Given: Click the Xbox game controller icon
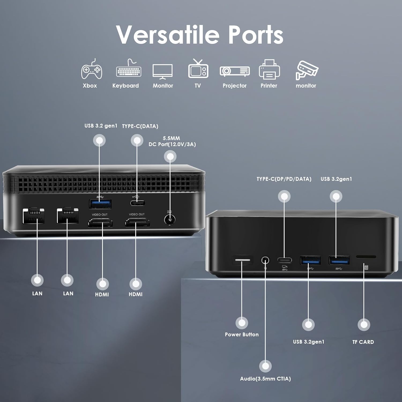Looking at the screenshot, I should (x=91, y=70).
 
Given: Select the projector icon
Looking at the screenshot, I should (x=234, y=71).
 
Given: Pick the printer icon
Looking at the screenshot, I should (x=269, y=70).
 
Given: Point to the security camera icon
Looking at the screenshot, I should (x=306, y=70).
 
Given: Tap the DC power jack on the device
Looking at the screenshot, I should (x=170, y=220).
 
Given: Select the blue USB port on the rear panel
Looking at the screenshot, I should (x=100, y=204).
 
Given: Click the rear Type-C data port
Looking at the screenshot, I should (x=137, y=203).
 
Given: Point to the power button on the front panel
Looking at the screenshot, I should (x=242, y=260).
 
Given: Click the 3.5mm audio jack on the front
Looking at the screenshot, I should (x=265, y=260).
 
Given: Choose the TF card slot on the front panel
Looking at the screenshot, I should (x=366, y=257).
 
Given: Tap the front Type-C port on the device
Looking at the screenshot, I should (x=284, y=260).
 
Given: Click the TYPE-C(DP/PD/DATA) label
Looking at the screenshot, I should (x=284, y=179).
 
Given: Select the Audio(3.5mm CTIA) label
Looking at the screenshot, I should (x=265, y=379).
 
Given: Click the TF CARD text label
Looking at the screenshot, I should (x=363, y=342).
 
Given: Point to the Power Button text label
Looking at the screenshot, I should (x=242, y=334).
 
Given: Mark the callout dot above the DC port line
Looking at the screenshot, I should (x=170, y=157).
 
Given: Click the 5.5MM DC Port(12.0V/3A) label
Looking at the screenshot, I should (x=172, y=141).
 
